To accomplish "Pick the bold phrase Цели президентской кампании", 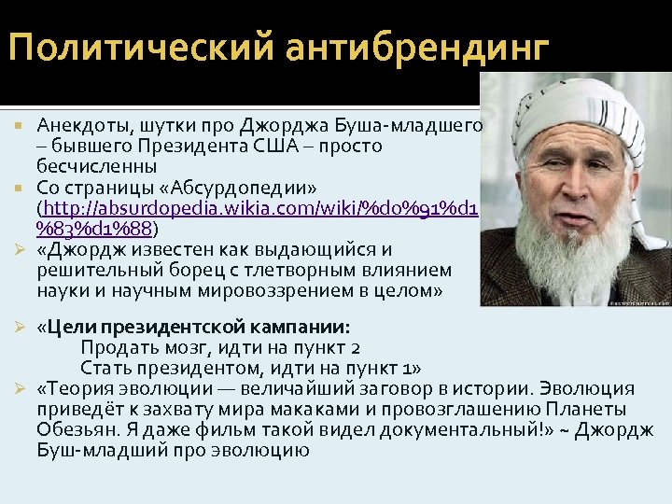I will [x=194, y=328].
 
